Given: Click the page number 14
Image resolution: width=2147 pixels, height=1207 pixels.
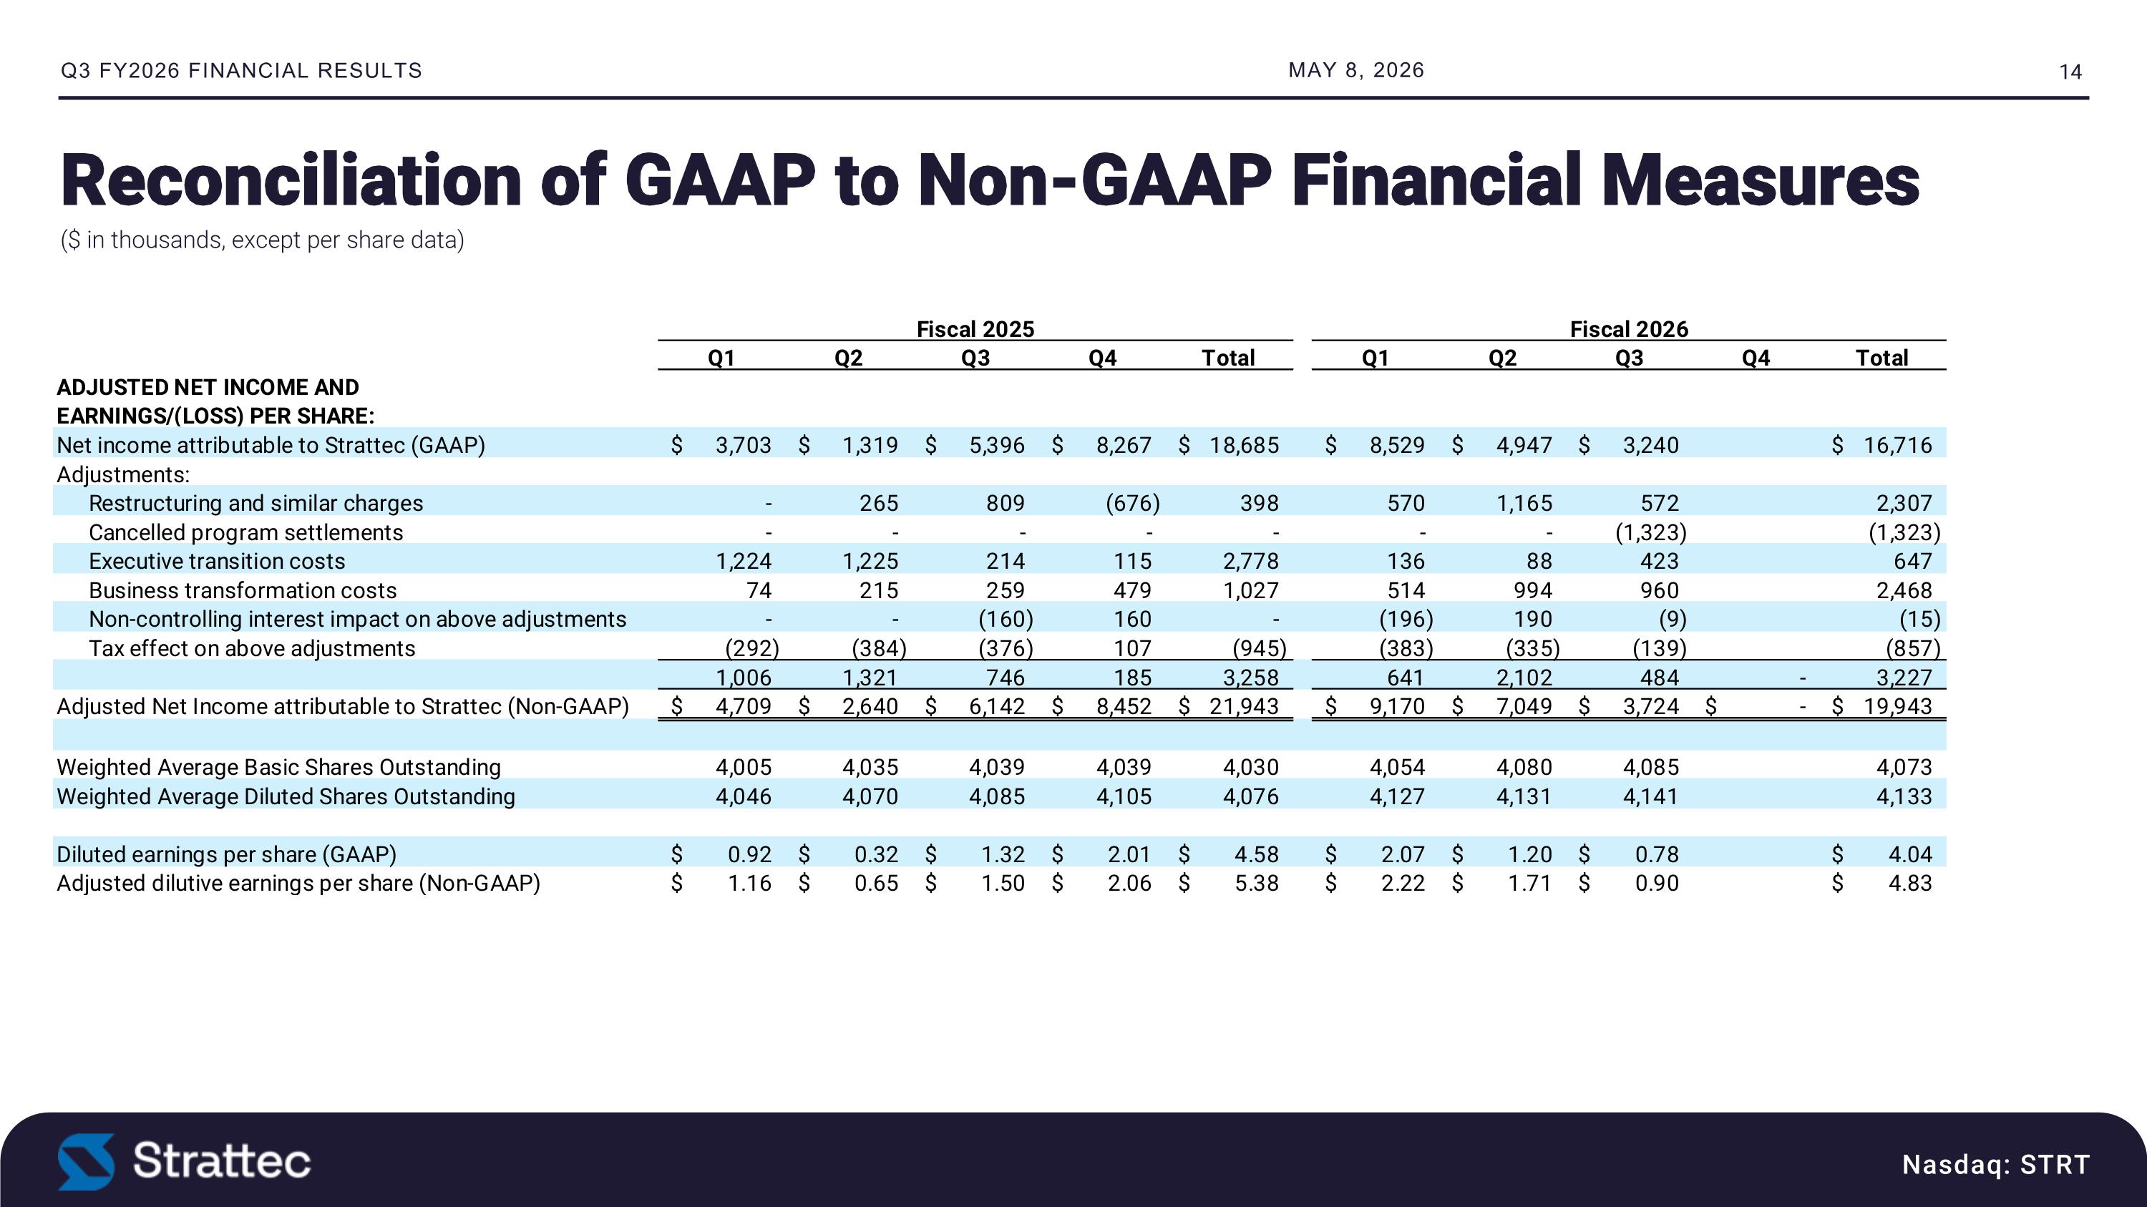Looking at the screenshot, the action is (x=2070, y=72).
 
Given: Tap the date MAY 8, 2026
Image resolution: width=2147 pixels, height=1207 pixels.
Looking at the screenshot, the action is (x=1356, y=71).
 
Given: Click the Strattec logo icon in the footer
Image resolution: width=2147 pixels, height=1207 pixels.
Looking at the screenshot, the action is (x=86, y=1161).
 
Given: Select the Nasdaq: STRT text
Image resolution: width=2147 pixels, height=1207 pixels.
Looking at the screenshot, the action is (x=1996, y=1163).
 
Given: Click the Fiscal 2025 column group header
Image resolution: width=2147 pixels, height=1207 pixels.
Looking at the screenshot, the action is (x=975, y=329).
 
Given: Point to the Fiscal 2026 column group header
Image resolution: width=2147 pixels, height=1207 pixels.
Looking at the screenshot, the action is (x=1629, y=329).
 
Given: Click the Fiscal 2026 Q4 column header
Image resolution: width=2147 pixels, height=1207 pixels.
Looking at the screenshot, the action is (x=1756, y=358).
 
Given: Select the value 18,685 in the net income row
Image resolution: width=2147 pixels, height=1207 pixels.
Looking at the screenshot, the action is (x=1245, y=446).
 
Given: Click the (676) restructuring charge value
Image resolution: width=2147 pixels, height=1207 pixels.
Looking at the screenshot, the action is (x=1133, y=503).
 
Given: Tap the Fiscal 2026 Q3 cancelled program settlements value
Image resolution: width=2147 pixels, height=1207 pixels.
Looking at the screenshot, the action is (x=1650, y=532).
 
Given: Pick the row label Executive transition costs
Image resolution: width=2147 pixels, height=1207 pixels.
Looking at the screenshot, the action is (x=217, y=562).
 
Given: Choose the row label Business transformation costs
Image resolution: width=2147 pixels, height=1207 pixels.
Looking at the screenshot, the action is (x=243, y=590).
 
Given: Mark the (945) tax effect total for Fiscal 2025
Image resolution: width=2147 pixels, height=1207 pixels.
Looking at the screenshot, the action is (x=1260, y=648).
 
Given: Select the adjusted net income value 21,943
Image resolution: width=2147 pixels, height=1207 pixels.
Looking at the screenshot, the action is (x=1245, y=706).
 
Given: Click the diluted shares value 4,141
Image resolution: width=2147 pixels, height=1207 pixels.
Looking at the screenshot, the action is (x=1650, y=796).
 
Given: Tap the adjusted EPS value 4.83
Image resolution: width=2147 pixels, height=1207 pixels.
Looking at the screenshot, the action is (x=1909, y=883).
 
